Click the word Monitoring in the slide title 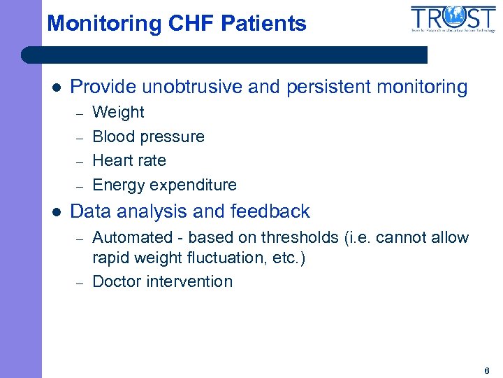click(104, 24)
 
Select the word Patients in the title click(263, 24)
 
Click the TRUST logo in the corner click(453, 19)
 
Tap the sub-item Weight click(118, 112)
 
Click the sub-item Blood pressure click(148, 136)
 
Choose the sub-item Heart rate click(129, 160)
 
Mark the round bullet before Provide click(57, 88)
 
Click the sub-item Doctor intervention click(162, 282)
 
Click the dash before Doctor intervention click(80, 282)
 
